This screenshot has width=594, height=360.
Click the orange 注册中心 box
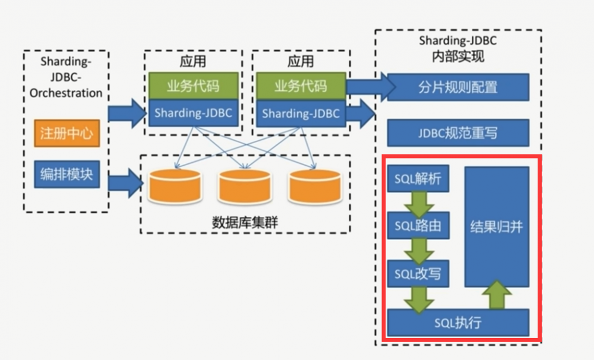66,133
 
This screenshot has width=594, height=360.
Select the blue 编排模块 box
66,175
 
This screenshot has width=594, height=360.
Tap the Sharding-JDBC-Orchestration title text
66,77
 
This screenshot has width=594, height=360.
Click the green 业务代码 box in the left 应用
193,86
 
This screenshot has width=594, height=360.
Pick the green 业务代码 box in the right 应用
301,86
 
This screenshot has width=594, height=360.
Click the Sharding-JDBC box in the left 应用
193,113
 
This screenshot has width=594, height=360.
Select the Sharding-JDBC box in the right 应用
301,113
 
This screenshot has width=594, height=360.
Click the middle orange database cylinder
245,187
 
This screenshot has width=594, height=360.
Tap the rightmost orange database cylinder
315,187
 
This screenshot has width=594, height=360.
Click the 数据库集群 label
245,223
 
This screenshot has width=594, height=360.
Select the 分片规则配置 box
457,87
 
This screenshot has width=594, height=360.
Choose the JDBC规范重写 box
457,133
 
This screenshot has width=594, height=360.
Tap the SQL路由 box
418,226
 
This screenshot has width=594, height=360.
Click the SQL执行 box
457,323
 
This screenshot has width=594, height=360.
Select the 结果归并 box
497,226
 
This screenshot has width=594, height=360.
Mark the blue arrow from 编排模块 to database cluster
126,181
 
